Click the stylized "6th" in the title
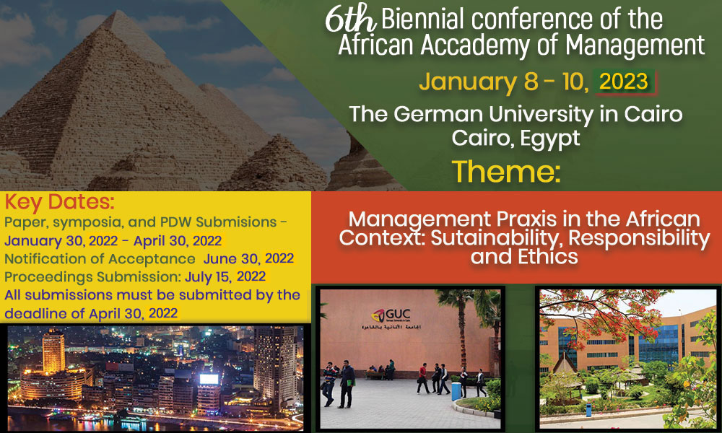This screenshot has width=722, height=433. pyautogui.click(x=351, y=19)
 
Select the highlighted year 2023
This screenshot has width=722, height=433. pyautogui.click(x=624, y=82)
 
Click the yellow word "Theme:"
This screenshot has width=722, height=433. pyautogui.click(x=506, y=172)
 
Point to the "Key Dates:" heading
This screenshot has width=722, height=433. pyautogui.click(x=59, y=202)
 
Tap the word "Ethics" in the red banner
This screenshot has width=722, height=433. pyautogui.click(x=548, y=257)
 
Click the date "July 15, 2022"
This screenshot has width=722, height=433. pyautogui.click(x=225, y=276)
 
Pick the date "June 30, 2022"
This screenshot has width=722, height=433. pyautogui.click(x=248, y=258)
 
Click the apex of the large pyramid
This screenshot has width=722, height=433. pyautogui.click(x=114, y=12)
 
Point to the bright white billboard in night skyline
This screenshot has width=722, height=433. pyautogui.click(x=209, y=379)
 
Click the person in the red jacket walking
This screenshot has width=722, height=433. pyautogui.click(x=423, y=378)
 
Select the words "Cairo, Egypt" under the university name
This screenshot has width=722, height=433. pyautogui.click(x=516, y=138)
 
